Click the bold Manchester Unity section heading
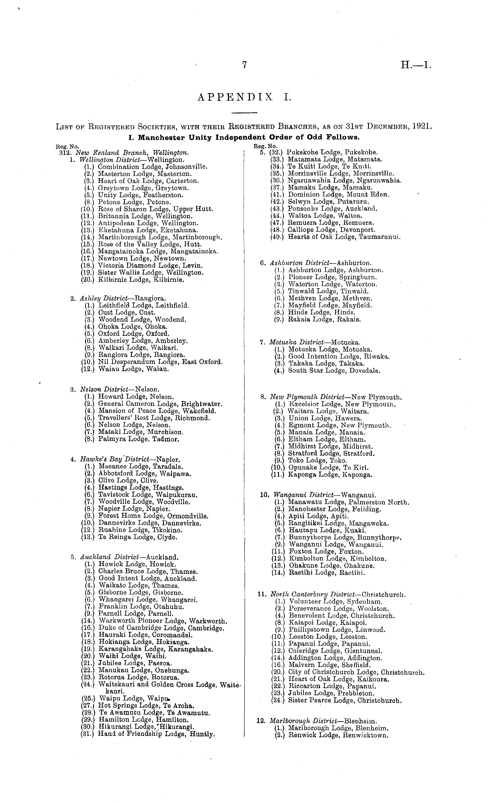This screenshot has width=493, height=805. click(x=244, y=138)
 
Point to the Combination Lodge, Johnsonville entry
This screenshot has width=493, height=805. click(x=152, y=167)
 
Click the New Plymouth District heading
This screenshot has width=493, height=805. click(x=336, y=397)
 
